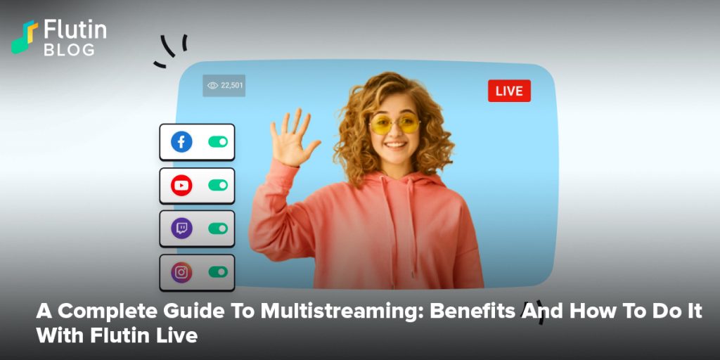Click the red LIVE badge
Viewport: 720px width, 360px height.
point(509,91)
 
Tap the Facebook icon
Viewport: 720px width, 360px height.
point(181,142)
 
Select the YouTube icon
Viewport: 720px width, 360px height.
point(181,185)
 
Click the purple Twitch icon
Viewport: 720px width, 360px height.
point(181,229)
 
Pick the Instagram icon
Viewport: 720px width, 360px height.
point(181,272)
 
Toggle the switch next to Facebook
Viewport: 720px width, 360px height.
point(218,142)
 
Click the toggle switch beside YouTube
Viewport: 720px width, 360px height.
point(218,185)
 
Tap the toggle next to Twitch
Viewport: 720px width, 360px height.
point(218,229)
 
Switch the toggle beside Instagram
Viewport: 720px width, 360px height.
point(218,272)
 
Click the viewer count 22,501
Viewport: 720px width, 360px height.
point(232,85)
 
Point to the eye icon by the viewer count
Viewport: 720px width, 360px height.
point(212,85)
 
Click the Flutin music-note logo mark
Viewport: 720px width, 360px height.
point(25,37)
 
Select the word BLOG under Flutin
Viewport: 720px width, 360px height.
point(70,50)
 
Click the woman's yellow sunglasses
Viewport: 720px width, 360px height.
point(394,124)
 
